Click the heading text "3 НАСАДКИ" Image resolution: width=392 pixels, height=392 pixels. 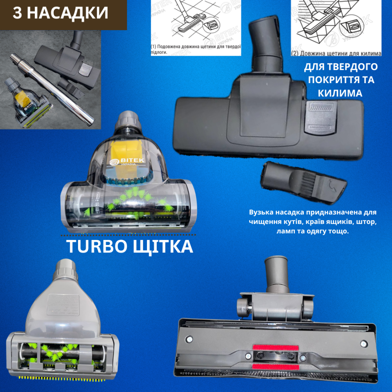60,13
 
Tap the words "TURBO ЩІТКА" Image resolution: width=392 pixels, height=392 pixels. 129,247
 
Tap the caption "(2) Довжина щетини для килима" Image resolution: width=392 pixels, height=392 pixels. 336,53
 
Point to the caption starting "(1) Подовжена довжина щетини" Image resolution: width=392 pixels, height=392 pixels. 196,49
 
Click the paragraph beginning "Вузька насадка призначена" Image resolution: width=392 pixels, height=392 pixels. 312,222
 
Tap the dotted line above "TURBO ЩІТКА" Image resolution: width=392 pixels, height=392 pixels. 129,236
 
